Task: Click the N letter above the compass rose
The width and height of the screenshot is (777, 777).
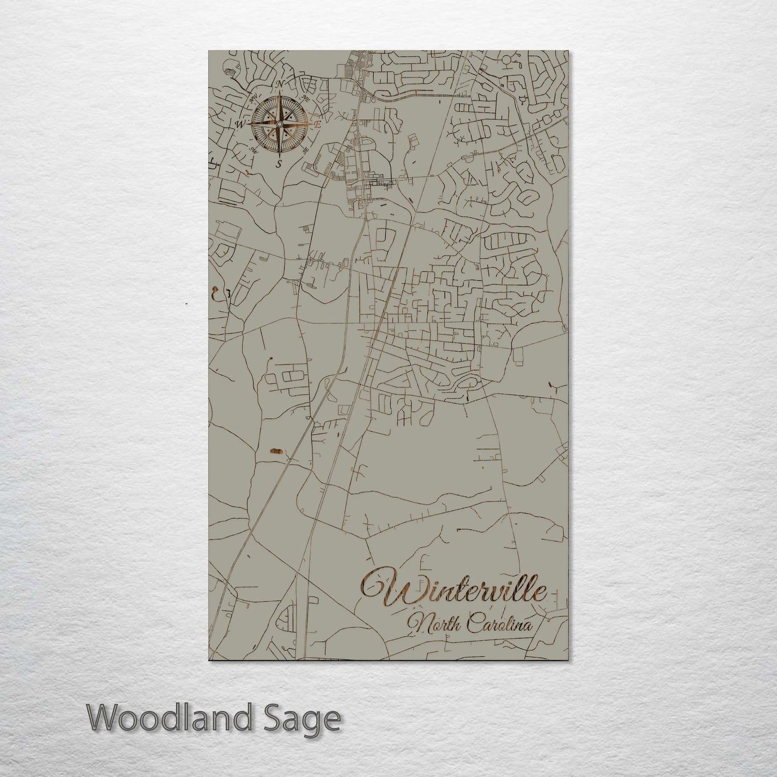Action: click(x=279, y=84)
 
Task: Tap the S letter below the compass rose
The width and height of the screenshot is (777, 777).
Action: click(x=279, y=164)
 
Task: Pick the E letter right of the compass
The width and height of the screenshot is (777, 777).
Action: click(x=318, y=124)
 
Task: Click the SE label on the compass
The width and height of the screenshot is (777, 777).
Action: click(x=305, y=151)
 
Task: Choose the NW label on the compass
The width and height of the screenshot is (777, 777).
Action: click(x=253, y=98)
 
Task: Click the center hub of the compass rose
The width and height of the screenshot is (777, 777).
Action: click(x=279, y=124)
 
